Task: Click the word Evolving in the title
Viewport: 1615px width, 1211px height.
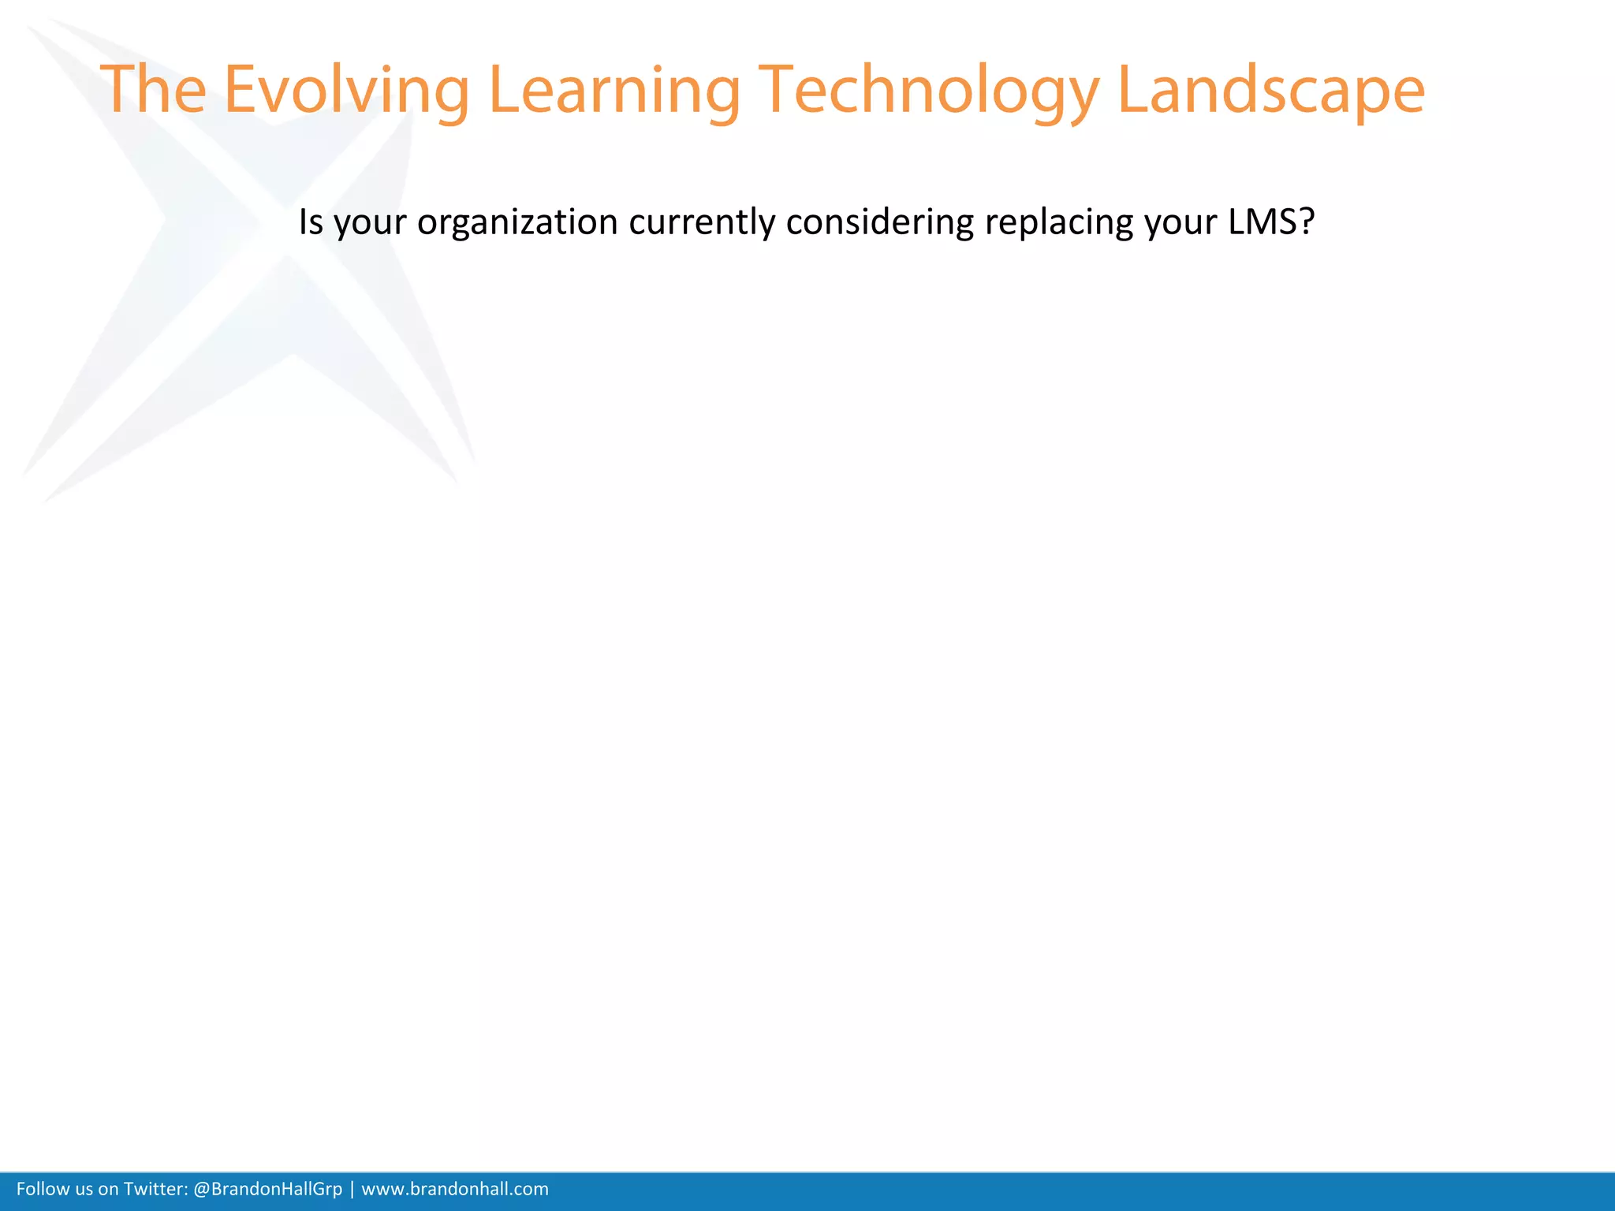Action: point(347,90)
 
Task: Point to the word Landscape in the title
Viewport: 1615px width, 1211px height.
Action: point(1270,90)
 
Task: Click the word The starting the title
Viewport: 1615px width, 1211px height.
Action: point(154,90)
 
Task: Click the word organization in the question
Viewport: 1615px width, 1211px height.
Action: point(517,222)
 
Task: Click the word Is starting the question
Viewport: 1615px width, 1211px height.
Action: point(311,222)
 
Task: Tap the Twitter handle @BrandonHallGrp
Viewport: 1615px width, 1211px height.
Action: point(267,1189)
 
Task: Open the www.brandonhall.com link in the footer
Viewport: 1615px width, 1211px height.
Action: point(455,1189)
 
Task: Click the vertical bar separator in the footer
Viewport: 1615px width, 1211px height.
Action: point(352,1189)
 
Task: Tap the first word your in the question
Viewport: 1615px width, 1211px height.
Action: point(371,224)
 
